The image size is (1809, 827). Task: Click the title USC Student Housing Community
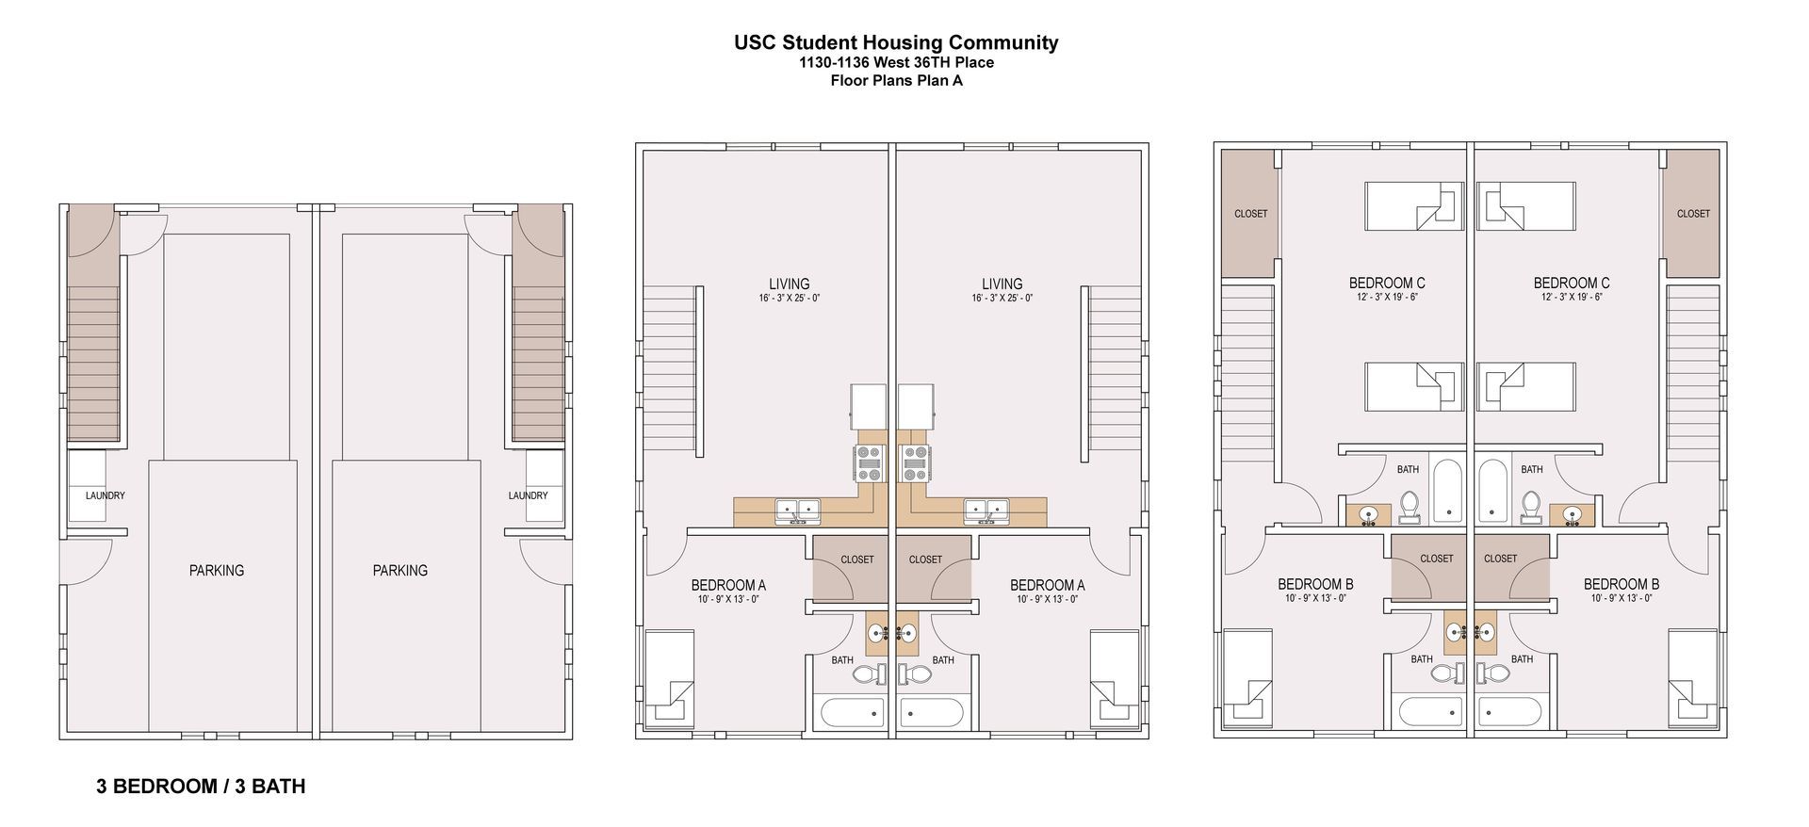(895, 42)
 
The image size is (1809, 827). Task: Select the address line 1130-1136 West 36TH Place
(895, 63)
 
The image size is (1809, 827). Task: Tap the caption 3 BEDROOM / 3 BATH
(201, 786)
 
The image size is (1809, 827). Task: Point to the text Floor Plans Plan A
(895, 81)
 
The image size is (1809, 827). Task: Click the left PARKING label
(216, 571)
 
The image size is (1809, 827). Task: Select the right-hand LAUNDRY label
(528, 495)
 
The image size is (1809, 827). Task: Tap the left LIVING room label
(789, 284)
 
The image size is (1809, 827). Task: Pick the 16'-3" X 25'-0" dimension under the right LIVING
(1002, 299)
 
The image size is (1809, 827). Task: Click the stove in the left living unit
(869, 463)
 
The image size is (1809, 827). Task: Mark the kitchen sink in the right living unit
(986, 511)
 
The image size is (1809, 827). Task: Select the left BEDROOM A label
(728, 585)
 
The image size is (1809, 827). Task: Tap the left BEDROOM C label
(1386, 283)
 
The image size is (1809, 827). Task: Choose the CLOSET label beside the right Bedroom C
(1692, 214)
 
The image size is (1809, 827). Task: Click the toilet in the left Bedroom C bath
(1410, 506)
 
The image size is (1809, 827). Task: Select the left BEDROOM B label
(1315, 584)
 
